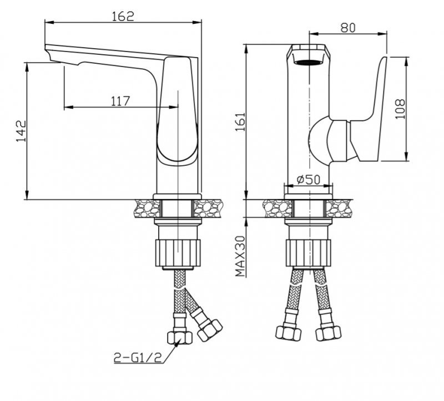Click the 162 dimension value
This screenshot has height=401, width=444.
coord(123,16)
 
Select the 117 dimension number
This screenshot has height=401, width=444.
coord(120,101)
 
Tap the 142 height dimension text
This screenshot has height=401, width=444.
coord(21,131)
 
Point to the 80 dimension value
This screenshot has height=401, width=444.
coord(348,28)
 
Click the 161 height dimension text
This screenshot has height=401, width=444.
coord(240,121)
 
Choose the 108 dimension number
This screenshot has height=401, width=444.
coord(400,109)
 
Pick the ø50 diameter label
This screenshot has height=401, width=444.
coord(309,179)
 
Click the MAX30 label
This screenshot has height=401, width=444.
coord(240,256)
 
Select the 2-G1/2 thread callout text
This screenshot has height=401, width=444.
coord(138,358)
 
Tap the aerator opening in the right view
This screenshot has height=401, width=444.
coord(309,62)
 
